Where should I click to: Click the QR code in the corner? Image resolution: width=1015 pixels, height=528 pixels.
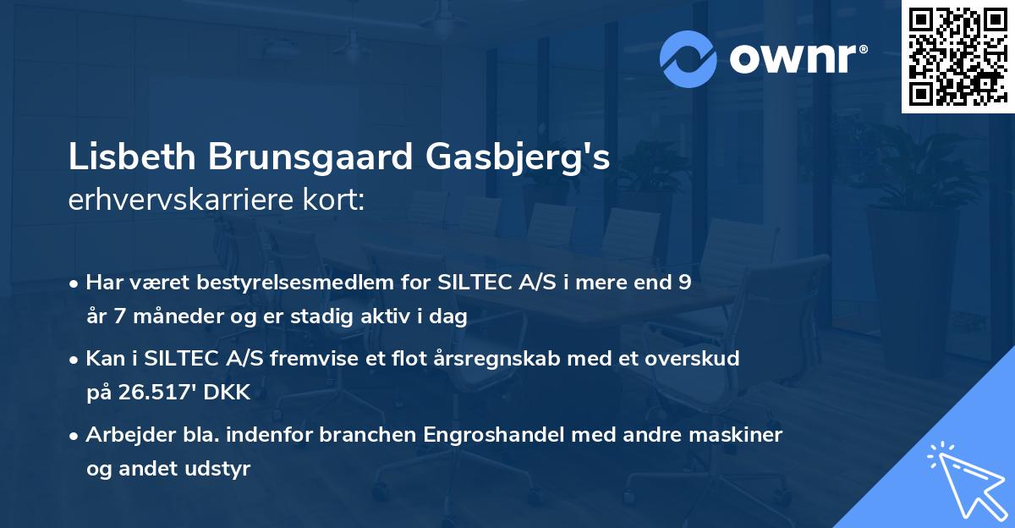[957, 57]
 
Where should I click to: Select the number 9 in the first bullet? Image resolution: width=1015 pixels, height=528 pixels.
[684, 283]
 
